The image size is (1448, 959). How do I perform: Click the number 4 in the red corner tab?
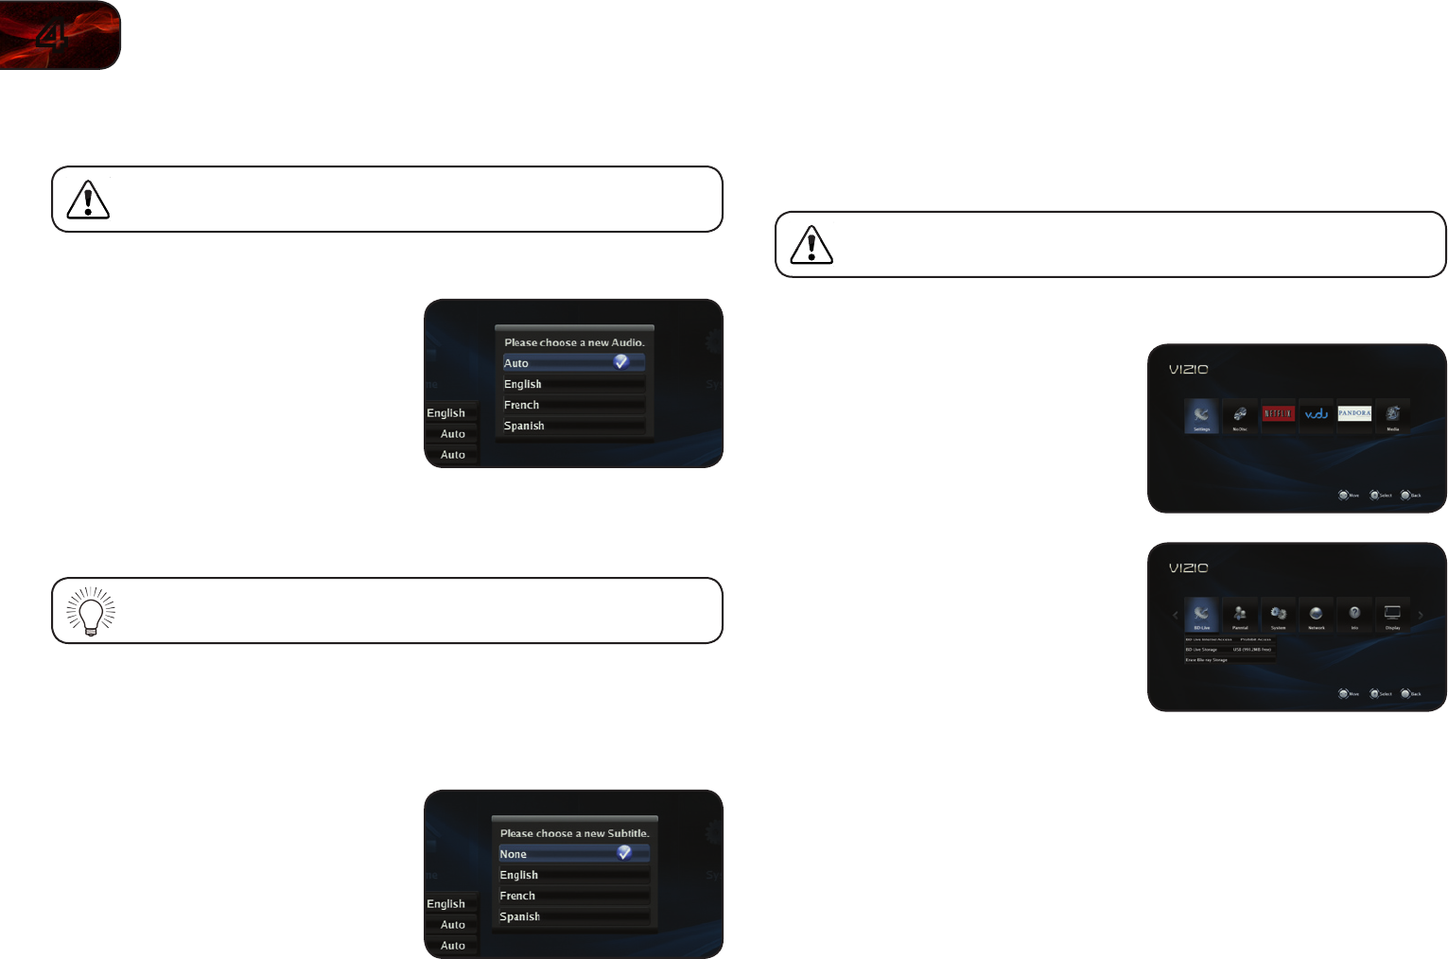coord(50,36)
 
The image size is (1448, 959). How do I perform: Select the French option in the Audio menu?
coord(521,405)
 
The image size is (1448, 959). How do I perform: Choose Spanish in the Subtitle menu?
coord(519,916)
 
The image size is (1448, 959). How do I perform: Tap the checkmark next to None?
coord(624,853)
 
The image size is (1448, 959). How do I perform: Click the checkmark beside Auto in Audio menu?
coord(621,362)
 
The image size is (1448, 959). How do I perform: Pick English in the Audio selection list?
coord(522,384)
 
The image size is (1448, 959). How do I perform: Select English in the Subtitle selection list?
coord(518,875)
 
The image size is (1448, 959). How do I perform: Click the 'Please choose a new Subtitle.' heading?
coord(574,833)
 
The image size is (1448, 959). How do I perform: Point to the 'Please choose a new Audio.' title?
coord(574,342)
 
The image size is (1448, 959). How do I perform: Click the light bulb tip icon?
coord(91,611)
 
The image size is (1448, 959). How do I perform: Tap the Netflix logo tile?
coord(1278,414)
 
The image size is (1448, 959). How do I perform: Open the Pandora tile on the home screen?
coord(1354,414)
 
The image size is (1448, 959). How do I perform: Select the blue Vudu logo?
coord(1317,414)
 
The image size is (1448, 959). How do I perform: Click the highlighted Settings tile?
coord(1201,415)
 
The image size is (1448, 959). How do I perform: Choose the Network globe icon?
coord(1317,614)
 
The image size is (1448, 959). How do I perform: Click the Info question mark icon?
coord(1354,614)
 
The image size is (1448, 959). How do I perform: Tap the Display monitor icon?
coord(1392,614)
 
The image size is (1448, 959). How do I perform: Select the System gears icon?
coord(1278,614)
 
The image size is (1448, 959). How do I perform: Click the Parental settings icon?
coord(1240,614)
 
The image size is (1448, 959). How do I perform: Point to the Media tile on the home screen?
coord(1392,415)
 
